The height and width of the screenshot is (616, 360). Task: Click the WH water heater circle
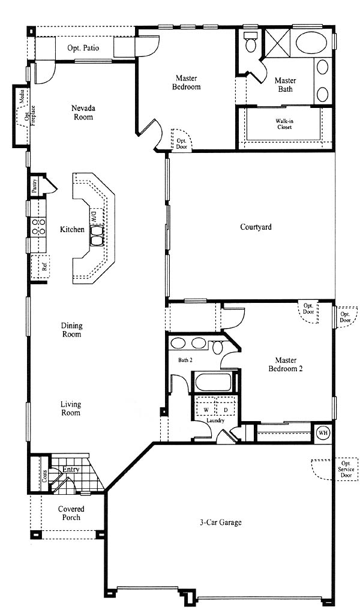pyautogui.click(x=323, y=432)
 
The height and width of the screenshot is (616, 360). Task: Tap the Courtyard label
pyautogui.click(x=256, y=227)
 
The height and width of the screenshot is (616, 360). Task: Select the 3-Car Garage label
pyautogui.click(x=220, y=523)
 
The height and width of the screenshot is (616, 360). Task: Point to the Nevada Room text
pyautogui.click(x=83, y=112)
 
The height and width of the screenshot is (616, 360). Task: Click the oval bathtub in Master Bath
pyautogui.click(x=312, y=43)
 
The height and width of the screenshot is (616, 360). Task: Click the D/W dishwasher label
pyautogui.click(x=93, y=216)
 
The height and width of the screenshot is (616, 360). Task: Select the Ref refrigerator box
pyautogui.click(x=40, y=267)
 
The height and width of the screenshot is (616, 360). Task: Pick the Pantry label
pyautogui.click(x=35, y=185)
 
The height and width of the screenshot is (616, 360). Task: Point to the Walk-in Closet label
pyautogui.click(x=283, y=124)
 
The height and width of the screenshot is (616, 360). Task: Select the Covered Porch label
pyautogui.click(x=71, y=513)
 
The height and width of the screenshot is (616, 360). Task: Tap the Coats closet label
pyautogui.click(x=45, y=476)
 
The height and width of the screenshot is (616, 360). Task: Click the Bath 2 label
pyautogui.click(x=185, y=359)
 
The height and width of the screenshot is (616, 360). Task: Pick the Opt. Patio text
pyautogui.click(x=83, y=48)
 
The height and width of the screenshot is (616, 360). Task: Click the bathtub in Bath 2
pyautogui.click(x=213, y=382)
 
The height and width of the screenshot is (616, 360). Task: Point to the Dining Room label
pyautogui.click(x=71, y=330)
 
